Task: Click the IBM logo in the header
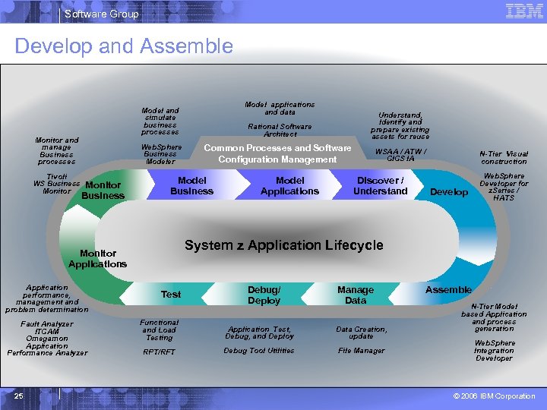click(524, 12)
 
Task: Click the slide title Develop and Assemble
click(124, 46)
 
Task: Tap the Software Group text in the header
click(102, 14)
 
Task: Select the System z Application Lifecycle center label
click(284, 245)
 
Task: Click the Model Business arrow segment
click(191, 186)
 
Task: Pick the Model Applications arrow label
click(289, 186)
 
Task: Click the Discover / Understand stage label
click(381, 186)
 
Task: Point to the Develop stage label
click(449, 192)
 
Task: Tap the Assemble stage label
click(448, 290)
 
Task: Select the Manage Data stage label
click(356, 295)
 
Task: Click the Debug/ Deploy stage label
click(264, 295)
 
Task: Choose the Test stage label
click(171, 295)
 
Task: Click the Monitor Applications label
click(97, 259)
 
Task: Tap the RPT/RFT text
click(159, 352)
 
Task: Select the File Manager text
click(361, 351)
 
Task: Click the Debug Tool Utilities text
click(259, 351)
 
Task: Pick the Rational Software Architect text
click(280, 131)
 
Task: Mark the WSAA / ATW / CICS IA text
click(401, 155)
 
